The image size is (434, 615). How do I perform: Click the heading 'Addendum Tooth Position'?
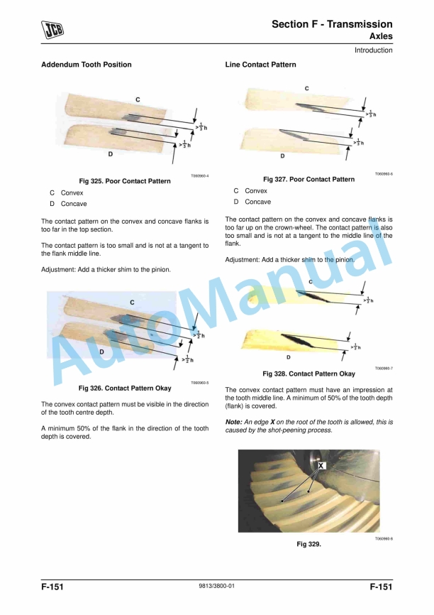point(86,65)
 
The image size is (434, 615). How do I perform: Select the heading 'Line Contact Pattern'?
point(260,65)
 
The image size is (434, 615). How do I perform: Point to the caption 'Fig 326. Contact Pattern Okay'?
point(125,388)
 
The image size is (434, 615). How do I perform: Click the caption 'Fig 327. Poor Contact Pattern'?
point(308,179)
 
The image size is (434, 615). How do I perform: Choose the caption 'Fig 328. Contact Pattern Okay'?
point(308,374)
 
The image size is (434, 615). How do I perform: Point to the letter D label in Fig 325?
point(111,153)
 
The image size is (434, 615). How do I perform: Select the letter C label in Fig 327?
point(306,88)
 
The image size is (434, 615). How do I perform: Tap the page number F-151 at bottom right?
point(380,587)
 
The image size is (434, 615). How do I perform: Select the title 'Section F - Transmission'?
point(332,24)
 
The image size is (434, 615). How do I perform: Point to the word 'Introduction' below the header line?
point(373,50)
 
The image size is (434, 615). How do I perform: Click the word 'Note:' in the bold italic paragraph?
point(235,422)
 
